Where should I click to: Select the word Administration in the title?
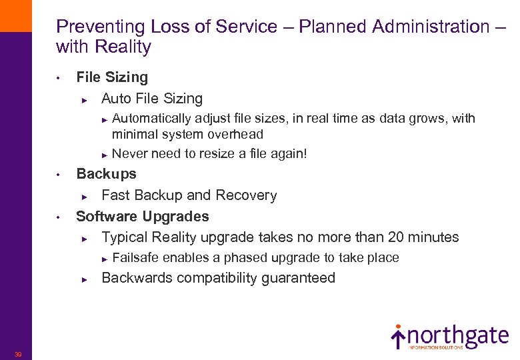pyautogui.click(x=433, y=27)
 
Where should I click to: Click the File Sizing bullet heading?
pyautogui.click(x=112, y=77)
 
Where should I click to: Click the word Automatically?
pyautogui.click(x=151, y=119)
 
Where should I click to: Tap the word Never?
pyautogui.click(x=131, y=154)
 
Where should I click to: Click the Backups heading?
pyautogui.click(x=106, y=174)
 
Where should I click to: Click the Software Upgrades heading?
pyautogui.click(x=143, y=217)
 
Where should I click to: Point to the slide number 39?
pyautogui.click(x=18, y=354)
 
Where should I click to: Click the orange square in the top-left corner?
pyautogui.click(x=15, y=15)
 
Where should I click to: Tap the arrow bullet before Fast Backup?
pyautogui.click(x=85, y=197)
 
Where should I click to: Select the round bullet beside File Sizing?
pyautogui.click(x=59, y=79)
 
